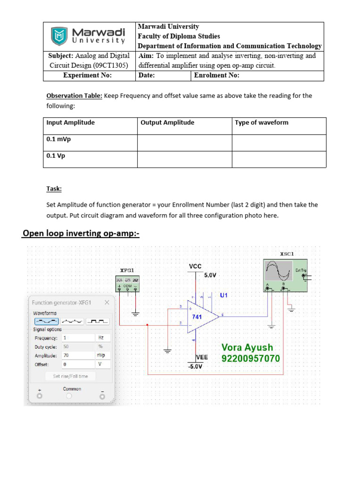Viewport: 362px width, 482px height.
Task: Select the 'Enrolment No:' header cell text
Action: pyautogui.click(x=216, y=75)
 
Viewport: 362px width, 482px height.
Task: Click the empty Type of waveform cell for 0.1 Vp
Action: pyautogui.click(x=279, y=159)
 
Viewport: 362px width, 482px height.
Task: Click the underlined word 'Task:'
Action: pyautogui.click(x=54, y=189)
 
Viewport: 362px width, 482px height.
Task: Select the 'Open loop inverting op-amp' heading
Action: pyautogui.click(x=81, y=233)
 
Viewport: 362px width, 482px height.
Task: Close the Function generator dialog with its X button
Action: pyautogui.click(x=107, y=303)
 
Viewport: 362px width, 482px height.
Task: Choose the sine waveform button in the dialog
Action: pyautogui.click(x=46, y=321)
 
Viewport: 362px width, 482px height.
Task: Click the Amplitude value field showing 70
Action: pyautogui.click(x=77, y=356)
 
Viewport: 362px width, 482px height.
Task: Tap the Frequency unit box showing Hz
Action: pyautogui.click(x=103, y=338)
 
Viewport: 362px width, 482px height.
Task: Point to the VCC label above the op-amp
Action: pyautogui.click(x=195, y=266)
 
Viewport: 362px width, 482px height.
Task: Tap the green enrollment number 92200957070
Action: pyautogui.click(x=250, y=359)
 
